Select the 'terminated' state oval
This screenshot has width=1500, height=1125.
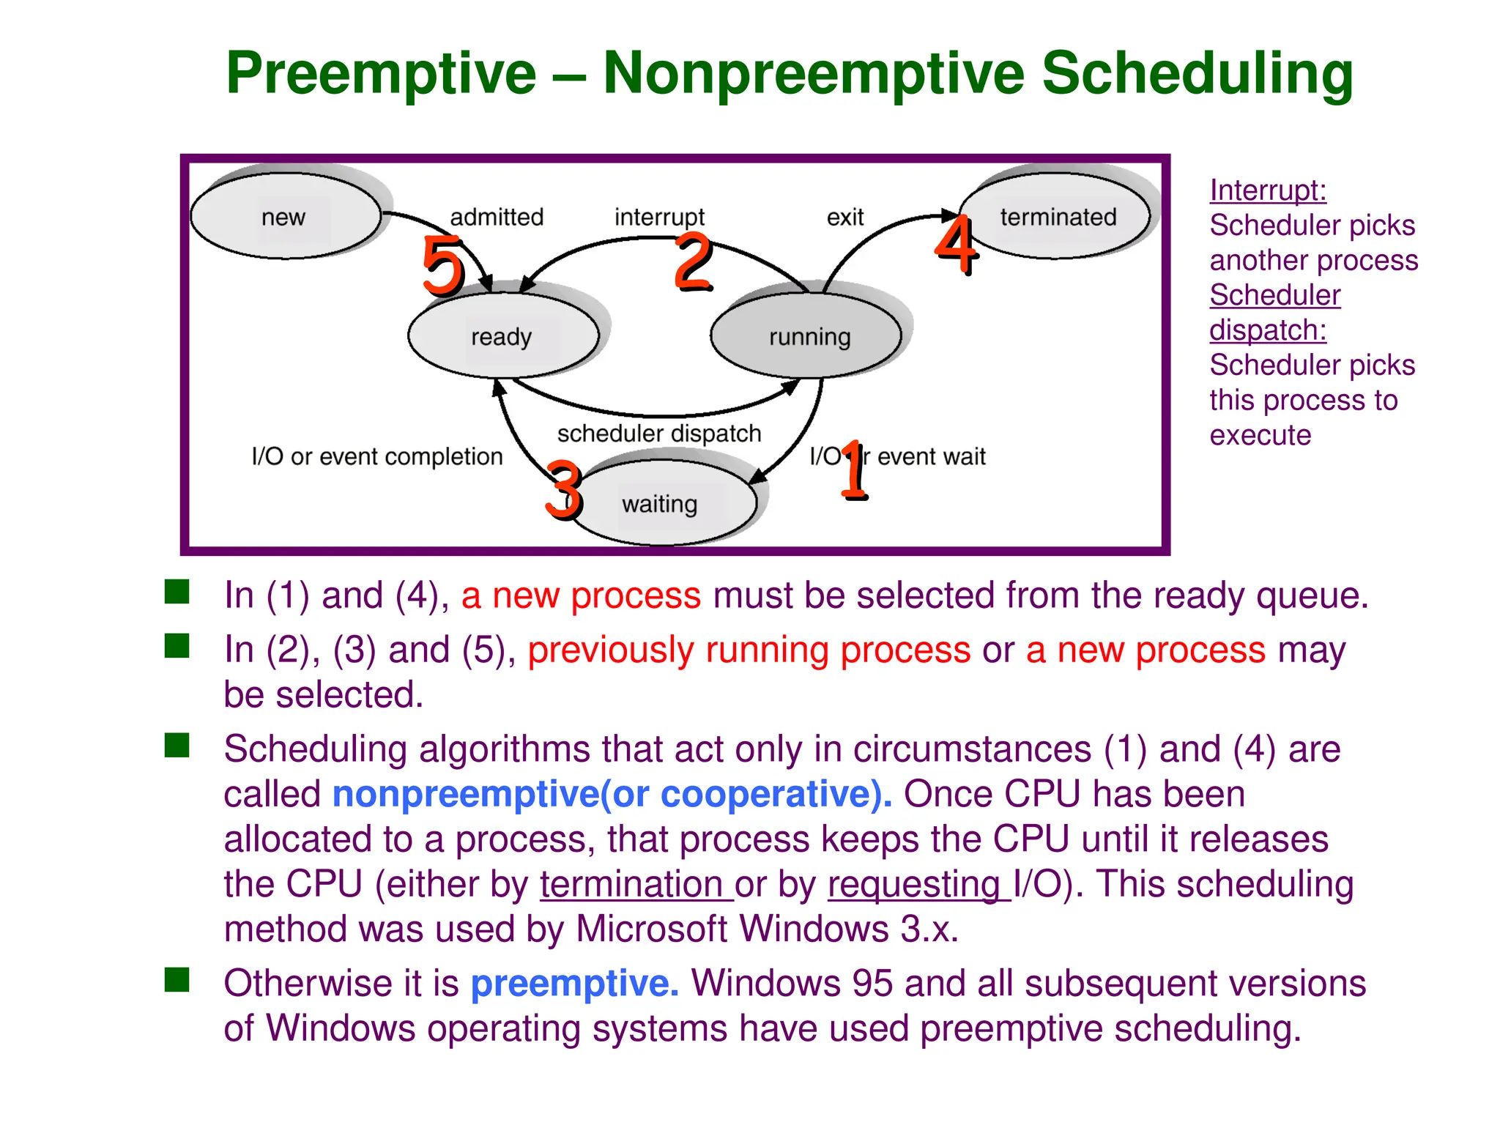click(x=1057, y=217)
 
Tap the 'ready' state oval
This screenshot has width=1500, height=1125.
click(x=502, y=336)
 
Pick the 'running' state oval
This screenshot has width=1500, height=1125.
click(x=808, y=336)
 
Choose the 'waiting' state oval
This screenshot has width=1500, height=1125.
click(x=661, y=504)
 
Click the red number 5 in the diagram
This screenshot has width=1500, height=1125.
click(x=444, y=267)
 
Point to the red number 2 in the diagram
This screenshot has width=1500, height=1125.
click(x=693, y=261)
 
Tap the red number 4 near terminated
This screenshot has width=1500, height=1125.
click(x=956, y=245)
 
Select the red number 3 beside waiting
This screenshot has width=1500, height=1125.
click(x=564, y=489)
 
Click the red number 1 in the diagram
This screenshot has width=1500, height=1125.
click(x=853, y=470)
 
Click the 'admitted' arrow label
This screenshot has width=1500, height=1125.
click(x=497, y=218)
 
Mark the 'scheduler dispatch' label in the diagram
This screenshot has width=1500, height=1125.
click(x=659, y=434)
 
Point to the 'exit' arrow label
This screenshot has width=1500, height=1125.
click(x=845, y=218)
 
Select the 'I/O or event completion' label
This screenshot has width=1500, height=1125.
click(x=377, y=456)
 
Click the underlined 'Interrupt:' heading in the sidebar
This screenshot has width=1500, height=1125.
click(x=1268, y=190)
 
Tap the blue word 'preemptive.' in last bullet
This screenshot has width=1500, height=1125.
click(x=575, y=984)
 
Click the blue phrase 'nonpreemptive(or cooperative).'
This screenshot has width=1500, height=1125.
click(x=612, y=795)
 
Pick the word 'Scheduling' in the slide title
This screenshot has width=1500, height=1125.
click(x=1198, y=74)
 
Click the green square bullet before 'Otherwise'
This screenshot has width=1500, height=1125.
click(x=177, y=979)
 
